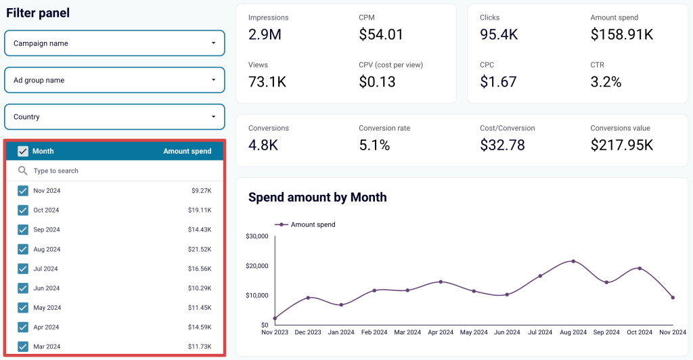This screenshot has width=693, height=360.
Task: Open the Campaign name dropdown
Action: (114, 43)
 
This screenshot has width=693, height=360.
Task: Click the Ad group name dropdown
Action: (114, 80)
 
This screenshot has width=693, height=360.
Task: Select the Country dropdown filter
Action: (114, 116)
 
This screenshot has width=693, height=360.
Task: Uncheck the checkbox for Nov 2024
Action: (23, 191)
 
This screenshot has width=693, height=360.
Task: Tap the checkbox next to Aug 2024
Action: (23, 249)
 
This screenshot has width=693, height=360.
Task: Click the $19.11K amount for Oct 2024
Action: (199, 210)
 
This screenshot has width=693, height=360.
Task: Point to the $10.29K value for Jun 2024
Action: (199, 288)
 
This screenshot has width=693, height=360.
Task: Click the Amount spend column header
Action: (187, 152)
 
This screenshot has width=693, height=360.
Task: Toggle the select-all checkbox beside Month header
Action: (23, 152)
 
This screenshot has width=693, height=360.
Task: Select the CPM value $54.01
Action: (381, 35)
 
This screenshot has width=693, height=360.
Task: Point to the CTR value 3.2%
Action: (606, 82)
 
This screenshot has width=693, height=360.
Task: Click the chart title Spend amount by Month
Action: (317, 198)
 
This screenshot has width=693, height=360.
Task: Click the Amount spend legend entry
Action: (305, 225)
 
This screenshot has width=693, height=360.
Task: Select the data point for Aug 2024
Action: (573, 261)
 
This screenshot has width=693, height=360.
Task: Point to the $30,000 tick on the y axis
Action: (256, 236)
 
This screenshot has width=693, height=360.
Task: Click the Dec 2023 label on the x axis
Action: (308, 332)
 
